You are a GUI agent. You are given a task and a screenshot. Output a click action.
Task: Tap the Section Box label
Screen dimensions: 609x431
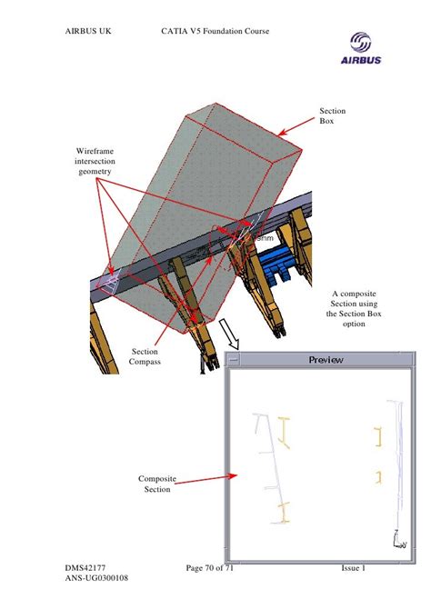point(332,115)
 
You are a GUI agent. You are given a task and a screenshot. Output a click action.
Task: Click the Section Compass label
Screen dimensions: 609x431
point(145,356)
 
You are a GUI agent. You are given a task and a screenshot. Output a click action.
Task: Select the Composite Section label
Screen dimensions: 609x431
point(156,484)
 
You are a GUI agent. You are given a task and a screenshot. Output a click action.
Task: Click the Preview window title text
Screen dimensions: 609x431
point(326,359)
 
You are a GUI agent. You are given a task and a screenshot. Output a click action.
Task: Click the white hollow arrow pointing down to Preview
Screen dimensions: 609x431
point(232,337)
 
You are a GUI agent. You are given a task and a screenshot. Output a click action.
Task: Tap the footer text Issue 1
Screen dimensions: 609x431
point(353,568)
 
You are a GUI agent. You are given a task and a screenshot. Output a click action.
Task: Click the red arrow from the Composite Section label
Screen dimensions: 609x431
point(205,479)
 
